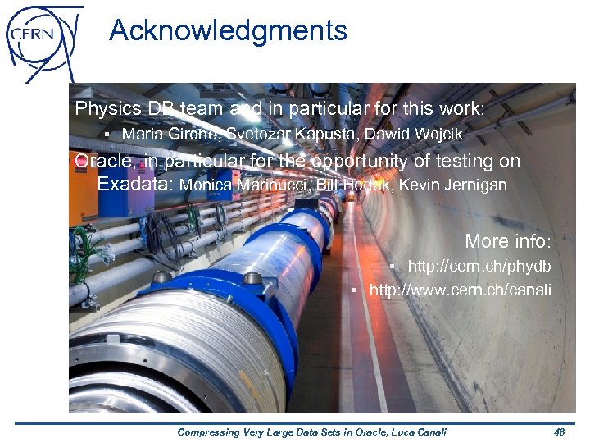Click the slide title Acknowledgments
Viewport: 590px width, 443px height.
click(228, 31)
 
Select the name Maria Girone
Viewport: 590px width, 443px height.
click(170, 134)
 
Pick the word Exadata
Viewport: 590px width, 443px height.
click(134, 185)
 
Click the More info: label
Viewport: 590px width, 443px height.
click(508, 242)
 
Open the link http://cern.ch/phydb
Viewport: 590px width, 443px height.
click(479, 267)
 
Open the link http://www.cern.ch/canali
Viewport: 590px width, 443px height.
click(461, 290)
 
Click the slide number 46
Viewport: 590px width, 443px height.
click(560, 432)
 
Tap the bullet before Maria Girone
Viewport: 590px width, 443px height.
click(107, 134)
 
